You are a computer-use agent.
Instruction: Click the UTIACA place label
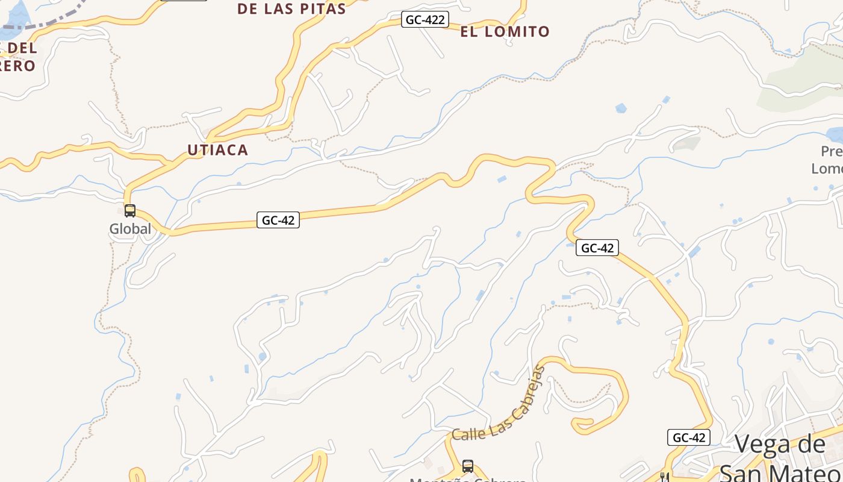[217, 150]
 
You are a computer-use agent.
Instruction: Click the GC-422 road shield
[425, 20]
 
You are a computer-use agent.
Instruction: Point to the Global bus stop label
[130, 229]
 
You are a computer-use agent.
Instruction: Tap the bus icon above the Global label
[130, 211]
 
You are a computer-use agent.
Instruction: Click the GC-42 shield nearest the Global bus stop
[278, 220]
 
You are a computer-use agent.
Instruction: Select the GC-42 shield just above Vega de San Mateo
[689, 437]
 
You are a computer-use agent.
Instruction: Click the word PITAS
[323, 9]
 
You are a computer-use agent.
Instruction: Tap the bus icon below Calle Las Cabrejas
[468, 466]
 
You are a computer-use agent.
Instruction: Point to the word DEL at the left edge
[24, 48]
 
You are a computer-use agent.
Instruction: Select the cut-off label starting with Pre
[832, 151]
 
